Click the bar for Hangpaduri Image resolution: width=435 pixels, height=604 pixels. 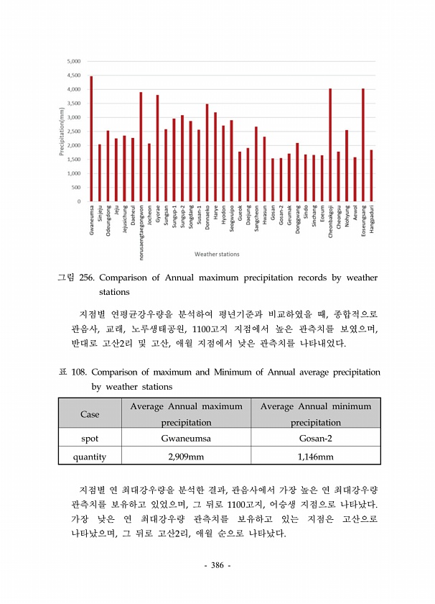(371, 175)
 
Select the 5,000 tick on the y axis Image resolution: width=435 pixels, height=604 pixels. (73, 61)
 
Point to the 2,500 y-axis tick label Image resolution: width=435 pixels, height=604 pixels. (73, 131)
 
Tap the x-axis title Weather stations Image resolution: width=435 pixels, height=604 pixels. (217, 254)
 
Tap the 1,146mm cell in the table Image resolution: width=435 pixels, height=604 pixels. (316, 457)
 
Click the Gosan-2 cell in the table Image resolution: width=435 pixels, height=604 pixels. (316, 438)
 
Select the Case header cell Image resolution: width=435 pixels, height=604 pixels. (90, 414)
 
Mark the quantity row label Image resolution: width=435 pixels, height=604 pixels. (90, 457)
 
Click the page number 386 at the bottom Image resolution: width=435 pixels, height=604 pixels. (217, 565)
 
